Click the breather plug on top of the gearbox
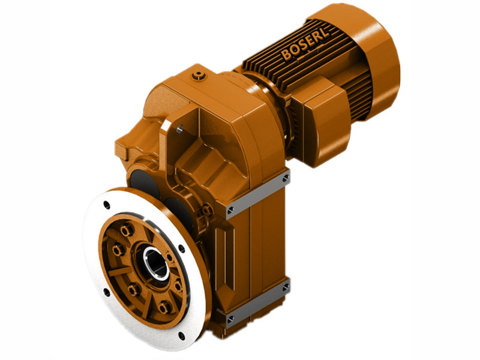pos(199,75)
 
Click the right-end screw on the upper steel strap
pos(286,178)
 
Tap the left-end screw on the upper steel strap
pos(230,209)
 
